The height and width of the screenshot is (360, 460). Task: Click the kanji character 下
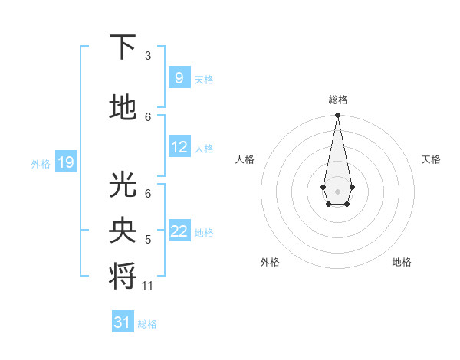(123, 47)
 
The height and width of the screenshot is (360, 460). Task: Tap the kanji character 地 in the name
(123, 107)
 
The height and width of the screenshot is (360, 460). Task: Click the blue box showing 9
(179, 77)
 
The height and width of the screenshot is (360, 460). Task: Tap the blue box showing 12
(179, 147)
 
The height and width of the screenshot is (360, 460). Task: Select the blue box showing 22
(179, 231)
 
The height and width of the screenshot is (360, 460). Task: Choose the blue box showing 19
(65, 162)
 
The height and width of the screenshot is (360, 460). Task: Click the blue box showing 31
(123, 322)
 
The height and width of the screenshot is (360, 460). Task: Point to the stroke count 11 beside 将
(148, 286)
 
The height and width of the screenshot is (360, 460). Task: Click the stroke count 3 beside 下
(148, 56)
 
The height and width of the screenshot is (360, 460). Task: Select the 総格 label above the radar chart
(337, 100)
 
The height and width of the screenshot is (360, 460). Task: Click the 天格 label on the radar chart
(431, 159)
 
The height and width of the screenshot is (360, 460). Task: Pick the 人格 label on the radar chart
(245, 159)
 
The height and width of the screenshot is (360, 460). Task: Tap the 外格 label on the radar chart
(270, 262)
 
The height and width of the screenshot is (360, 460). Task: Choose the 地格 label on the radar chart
(402, 262)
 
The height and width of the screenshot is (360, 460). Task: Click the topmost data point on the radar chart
(337, 116)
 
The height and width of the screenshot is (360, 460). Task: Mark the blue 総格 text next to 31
(147, 324)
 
